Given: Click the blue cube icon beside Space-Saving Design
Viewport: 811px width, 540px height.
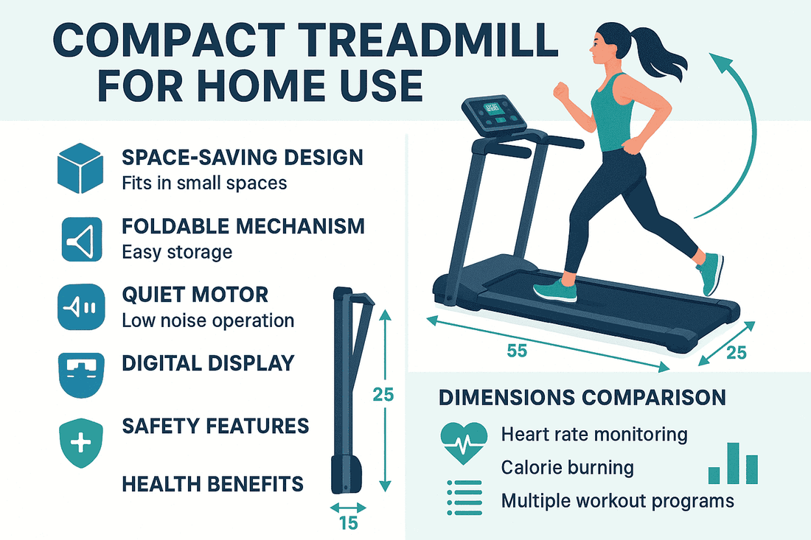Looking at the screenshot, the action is [x=80, y=169].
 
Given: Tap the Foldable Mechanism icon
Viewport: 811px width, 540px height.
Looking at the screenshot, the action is [x=82, y=239].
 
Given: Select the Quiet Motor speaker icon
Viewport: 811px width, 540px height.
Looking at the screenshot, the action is [x=81, y=307].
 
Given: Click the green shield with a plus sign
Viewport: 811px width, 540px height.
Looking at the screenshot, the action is [x=80, y=443].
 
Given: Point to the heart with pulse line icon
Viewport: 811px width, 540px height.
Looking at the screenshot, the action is [x=464, y=442].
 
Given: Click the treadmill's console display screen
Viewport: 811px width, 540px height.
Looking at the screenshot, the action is [x=491, y=108].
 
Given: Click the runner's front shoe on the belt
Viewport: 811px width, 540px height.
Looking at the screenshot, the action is [x=555, y=290].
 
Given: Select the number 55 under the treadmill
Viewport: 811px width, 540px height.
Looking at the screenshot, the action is [x=517, y=351].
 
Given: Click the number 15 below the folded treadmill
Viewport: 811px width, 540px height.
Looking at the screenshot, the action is [x=349, y=524].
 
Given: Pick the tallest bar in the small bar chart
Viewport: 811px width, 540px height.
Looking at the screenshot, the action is [x=734, y=463].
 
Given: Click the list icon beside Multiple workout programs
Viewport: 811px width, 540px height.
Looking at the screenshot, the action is [x=464, y=497].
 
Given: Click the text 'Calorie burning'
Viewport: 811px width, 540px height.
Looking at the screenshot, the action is [x=568, y=468].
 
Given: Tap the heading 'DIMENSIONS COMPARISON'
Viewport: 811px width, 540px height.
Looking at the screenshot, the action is [x=582, y=397].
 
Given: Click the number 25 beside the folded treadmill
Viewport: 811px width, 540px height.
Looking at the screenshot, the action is [x=383, y=395].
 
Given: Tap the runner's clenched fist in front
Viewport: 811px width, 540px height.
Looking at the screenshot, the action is [x=561, y=92].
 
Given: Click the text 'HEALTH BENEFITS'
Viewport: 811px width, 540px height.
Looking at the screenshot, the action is [x=212, y=484].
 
